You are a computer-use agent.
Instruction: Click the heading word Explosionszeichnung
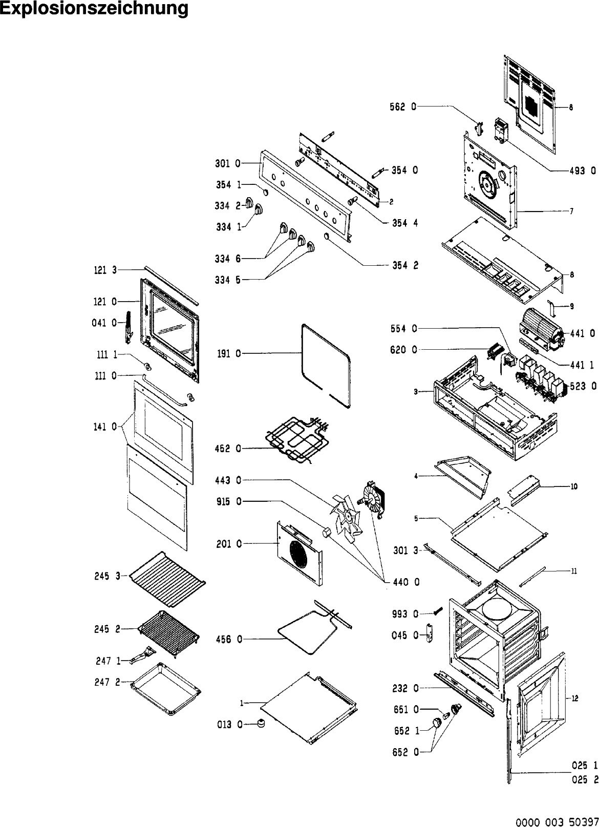(x=94, y=9)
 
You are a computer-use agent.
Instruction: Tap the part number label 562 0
(x=403, y=107)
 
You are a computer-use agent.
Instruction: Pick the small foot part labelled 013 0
(x=262, y=724)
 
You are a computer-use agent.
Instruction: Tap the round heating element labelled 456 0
(x=310, y=632)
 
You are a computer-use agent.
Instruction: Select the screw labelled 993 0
(x=438, y=612)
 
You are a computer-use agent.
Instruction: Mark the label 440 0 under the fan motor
(x=407, y=582)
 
